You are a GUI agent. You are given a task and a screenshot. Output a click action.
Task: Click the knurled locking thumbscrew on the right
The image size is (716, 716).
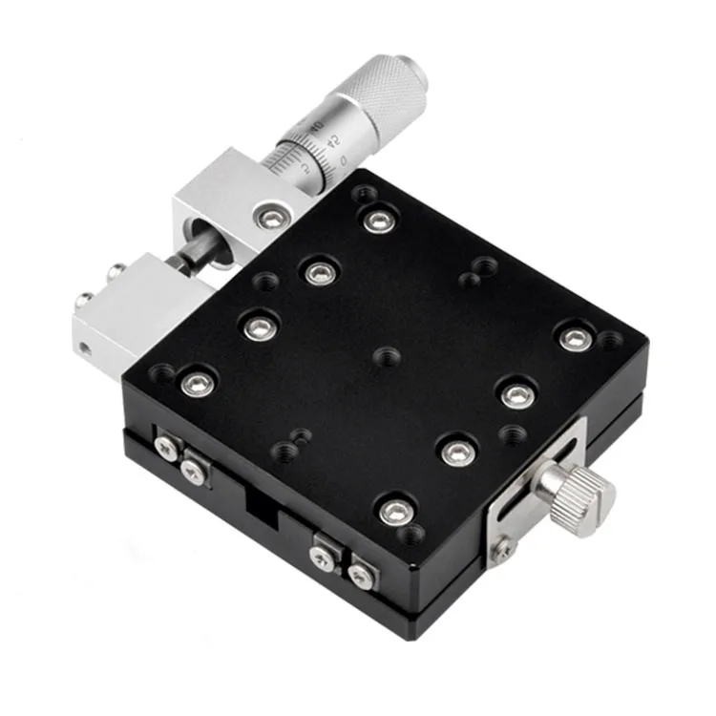(579, 487)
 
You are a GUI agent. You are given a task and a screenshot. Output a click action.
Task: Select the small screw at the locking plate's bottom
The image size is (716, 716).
(501, 548)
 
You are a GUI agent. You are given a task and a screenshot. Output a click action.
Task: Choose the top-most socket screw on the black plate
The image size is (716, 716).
(378, 221)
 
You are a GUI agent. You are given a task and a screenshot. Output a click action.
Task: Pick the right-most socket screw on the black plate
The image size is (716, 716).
(573, 339)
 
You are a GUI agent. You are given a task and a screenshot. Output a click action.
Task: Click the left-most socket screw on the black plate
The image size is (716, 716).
(198, 384)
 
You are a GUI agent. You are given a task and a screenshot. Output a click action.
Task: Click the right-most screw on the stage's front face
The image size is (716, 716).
(359, 574)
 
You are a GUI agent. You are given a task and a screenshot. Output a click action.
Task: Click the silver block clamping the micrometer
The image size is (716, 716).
(218, 205)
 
